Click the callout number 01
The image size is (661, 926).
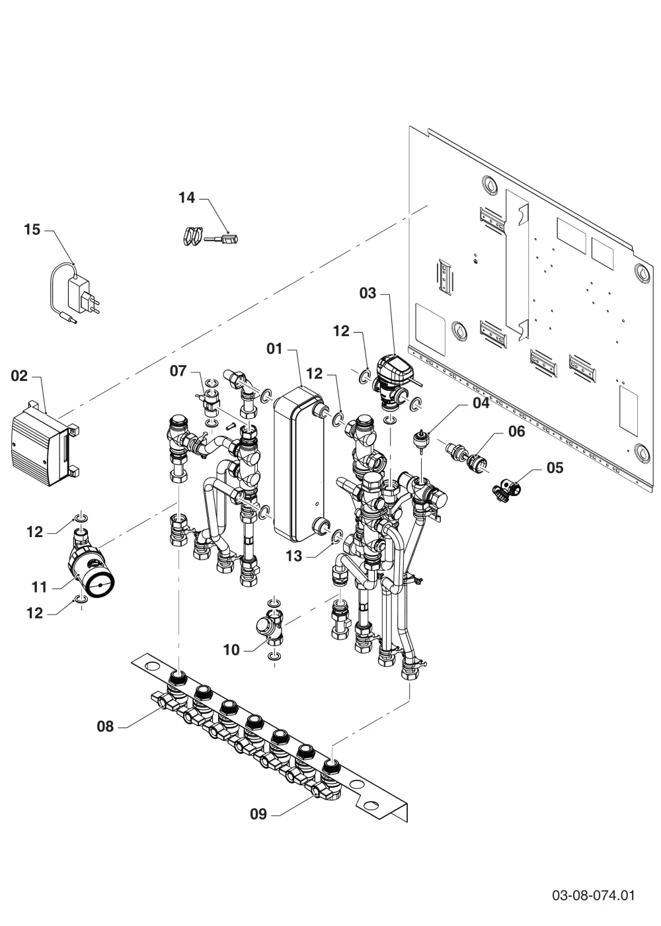(x=274, y=349)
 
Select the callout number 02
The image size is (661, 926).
(x=19, y=376)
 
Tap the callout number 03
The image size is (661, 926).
(x=368, y=293)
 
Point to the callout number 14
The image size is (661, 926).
(x=186, y=198)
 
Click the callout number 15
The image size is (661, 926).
(x=32, y=230)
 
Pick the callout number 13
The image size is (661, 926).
(x=293, y=556)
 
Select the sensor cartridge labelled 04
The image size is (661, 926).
(x=420, y=439)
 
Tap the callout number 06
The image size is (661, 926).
(x=516, y=431)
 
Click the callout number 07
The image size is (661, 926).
(x=178, y=371)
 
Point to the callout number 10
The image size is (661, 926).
(x=231, y=650)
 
